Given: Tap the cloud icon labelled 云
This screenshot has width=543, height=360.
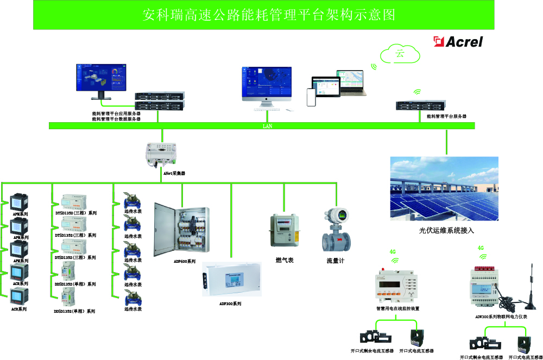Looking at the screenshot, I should pyautogui.click(x=400, y=54).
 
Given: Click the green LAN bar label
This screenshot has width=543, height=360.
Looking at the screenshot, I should pyautogui.click(x=267, y=126).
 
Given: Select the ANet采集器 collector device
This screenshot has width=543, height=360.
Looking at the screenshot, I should pyautogui.click(x=161, y=154).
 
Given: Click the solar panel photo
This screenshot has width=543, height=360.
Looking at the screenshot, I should pyautogui.click(x=444, y=189).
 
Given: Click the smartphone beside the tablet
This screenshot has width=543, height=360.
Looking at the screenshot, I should pyautogui.click(x=311, y=97).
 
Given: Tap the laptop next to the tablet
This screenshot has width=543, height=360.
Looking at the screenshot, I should pyautogui.click(x=351, y=83).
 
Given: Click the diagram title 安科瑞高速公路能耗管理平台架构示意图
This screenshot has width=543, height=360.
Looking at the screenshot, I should pyautogui.click(x=264, y=15).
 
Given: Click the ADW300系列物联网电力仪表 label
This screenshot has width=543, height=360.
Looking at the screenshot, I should pyautogui.click(x=501, y=316).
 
